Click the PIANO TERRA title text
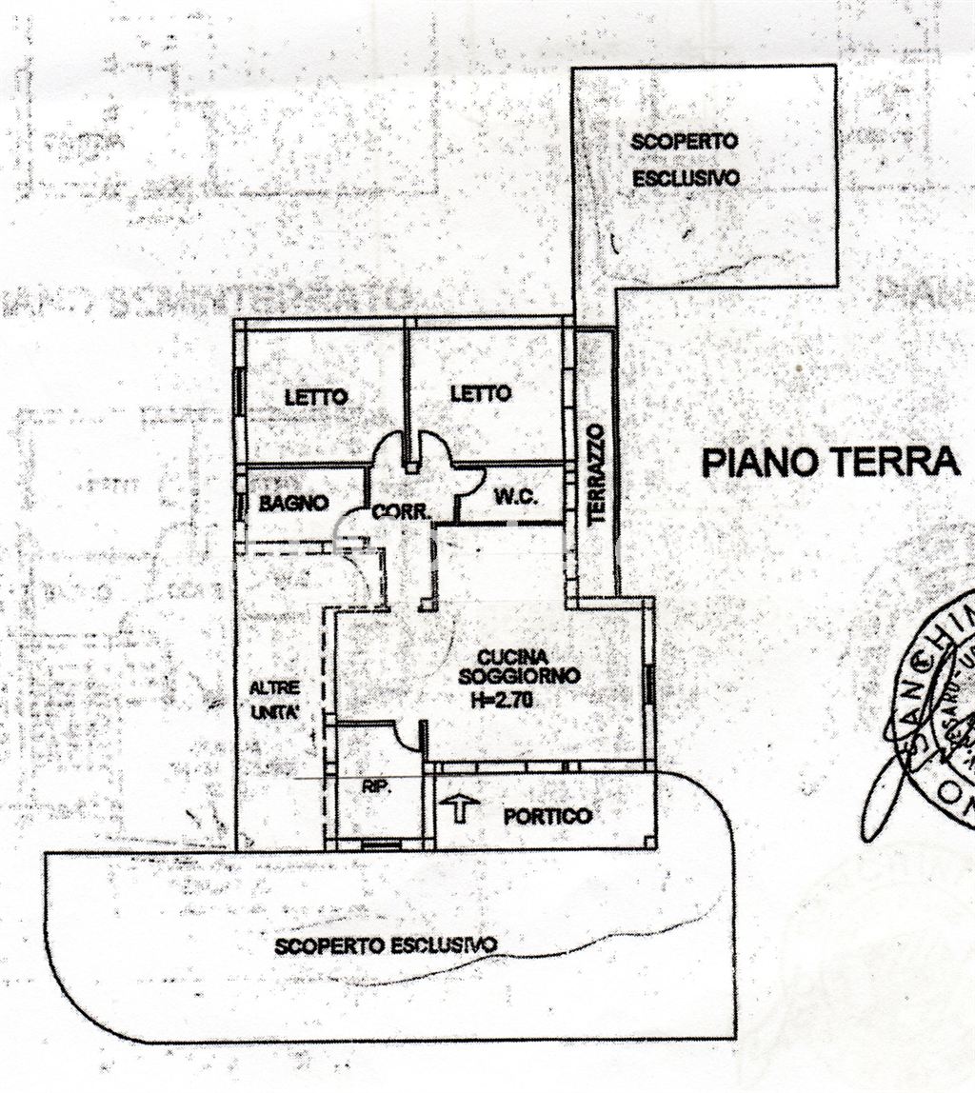[829, 462]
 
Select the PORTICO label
[547, 816]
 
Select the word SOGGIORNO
[518, 676]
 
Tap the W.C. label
[517, 497]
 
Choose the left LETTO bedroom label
[316, 397]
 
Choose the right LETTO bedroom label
[480, 393]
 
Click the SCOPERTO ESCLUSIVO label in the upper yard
[686, 159]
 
